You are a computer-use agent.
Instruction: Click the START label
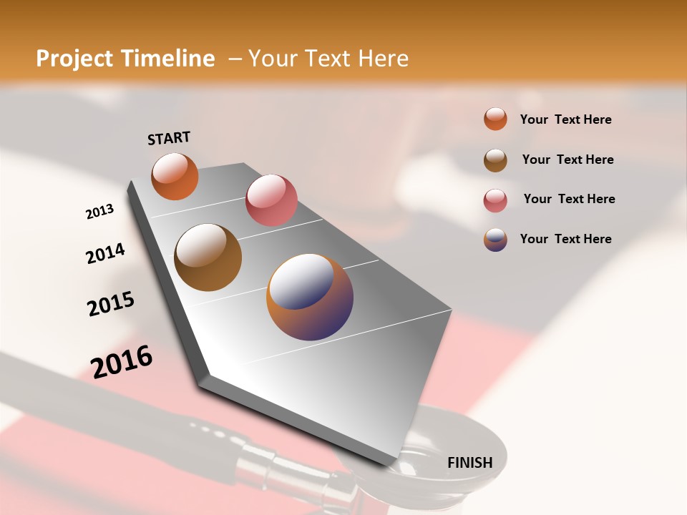coord(169,138)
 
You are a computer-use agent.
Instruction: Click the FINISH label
coord(469,462)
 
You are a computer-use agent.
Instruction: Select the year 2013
coord(99,212)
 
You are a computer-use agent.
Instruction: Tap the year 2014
coord(105,253)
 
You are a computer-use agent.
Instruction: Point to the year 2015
coord(111,304)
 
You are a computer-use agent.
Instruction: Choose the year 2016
coord(122,361)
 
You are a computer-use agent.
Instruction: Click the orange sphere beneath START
coord(175,176)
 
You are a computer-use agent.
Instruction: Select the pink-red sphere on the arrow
coord(271,200)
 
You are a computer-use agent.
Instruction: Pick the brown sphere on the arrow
coord(208,257)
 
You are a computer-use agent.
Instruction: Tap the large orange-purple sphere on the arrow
coord(310,297)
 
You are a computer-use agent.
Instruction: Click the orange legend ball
coord(495,119)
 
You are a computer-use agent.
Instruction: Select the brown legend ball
coord(495,160)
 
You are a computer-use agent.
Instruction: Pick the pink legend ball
coord(495,200)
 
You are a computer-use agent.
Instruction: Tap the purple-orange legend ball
coord(495,240)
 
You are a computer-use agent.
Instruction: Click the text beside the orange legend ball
coord(565,119)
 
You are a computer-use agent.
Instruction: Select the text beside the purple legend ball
coord(565,239)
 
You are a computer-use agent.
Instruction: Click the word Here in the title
coord(383,59)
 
